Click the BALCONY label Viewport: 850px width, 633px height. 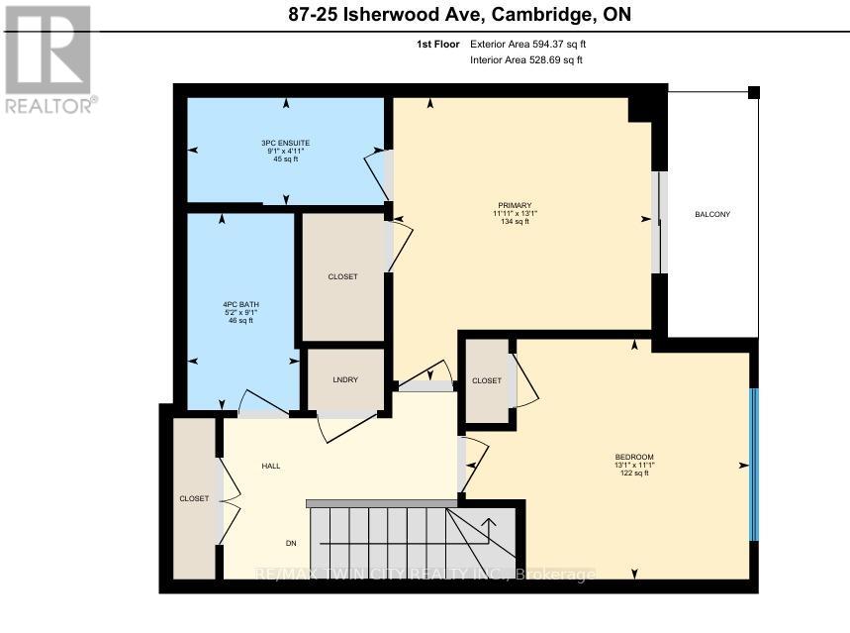tap(712, 214)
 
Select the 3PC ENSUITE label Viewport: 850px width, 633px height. tap(286, 143)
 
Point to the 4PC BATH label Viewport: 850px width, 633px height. tap(237, 304)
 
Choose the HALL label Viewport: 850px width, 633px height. tap(271, 466)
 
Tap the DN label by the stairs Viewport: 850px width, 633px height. tap(291, 543)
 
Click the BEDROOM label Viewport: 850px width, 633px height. tap(634, 457)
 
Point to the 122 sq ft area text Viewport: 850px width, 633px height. tap(634, 474)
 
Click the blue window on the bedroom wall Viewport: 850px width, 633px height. tap(753, 464)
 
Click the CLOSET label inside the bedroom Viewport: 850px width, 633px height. tap(487, 380)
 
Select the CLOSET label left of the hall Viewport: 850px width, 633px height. tap(194, 498)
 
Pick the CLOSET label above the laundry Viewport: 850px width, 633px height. tap(342, 276)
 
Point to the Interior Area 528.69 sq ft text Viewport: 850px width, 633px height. tap(525, 60)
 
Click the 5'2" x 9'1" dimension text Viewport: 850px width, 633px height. tap(237, 312)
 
